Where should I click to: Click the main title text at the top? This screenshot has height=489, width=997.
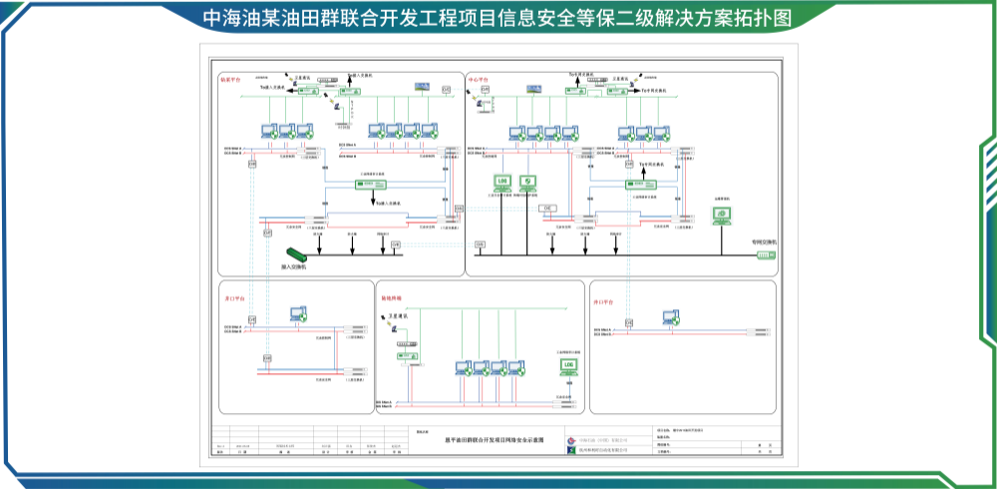tap(498, 18)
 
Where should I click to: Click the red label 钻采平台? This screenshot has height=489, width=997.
tap(230, 79)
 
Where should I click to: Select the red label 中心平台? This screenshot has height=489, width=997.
tap(479, 79)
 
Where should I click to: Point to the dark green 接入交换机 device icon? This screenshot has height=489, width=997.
tap(296, 255)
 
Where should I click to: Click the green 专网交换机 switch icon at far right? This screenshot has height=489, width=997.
tap(765, 254)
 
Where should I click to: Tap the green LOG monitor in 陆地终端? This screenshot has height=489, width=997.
tap(570, 367)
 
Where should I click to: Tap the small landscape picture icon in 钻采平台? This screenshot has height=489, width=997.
tap(423, 88)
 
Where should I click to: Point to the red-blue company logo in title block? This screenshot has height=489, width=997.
tap(570, 439)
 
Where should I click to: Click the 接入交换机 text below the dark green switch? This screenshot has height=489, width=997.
tap(294, 267)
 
